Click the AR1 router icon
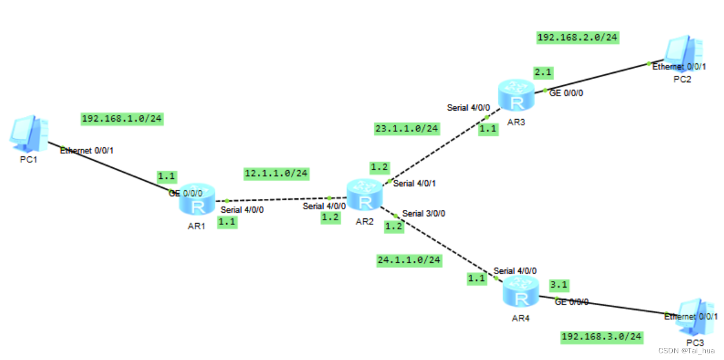click(x=198, y=198)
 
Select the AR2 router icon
click(x=364, y=195)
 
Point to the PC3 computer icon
click(x=695, y=317)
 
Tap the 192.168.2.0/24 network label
click(x=578, y=38)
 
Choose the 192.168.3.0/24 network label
click(x=602, y=337)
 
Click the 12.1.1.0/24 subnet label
click(x=276, y=174)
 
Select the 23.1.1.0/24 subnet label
click(x=406, y=128)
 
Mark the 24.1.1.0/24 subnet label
click(x=409, y=260)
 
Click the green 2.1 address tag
click(x=543, y=72)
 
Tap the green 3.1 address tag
click(x=559, y=284)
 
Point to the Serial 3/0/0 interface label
click(x=424, y=213)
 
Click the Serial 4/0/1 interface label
click(x=415, y=183)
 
